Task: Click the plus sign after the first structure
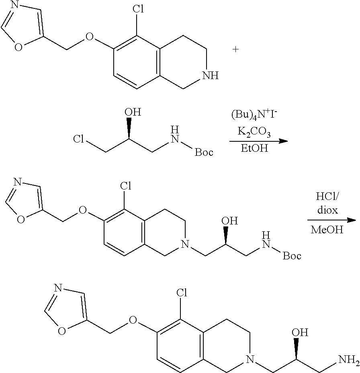(235, 49)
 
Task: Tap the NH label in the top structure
(210, 75)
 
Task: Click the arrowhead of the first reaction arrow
(284, 141)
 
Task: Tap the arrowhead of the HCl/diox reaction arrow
(352, 220)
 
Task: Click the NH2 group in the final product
(348, 357)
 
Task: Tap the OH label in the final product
(300, 332)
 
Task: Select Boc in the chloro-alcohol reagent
(204, 152)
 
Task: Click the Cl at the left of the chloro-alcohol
(79, 140)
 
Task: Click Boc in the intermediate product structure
(292, 256)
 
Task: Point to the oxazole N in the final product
(57, 288)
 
